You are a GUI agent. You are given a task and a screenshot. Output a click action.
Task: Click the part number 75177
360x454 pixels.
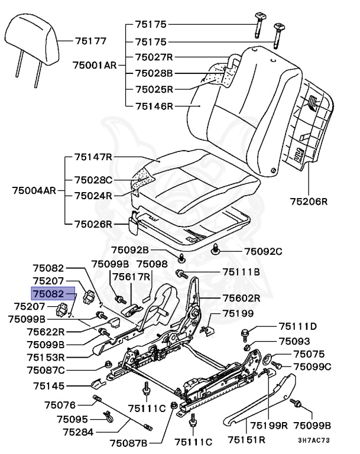click(x=90, y=41)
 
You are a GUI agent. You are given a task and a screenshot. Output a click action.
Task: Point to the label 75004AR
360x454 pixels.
click(x=34, y=191)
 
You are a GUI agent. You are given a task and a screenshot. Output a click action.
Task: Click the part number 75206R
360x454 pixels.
click(x=308, y=201)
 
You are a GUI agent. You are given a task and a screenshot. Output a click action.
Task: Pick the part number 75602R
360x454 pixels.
click(x=241, y=298)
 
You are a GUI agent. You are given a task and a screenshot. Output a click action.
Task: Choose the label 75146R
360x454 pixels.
click(x=154, y=107)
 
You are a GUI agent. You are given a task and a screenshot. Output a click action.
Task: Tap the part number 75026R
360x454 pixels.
click(x=93, y=224)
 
